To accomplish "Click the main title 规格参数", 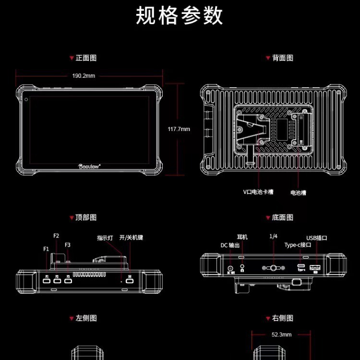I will point(180,16).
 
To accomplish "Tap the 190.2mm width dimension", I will point(84,76).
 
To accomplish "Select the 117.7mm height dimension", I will point(179,129).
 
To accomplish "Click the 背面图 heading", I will point(282,58).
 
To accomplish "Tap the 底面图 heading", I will point(282,217).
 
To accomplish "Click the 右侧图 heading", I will point(282,318).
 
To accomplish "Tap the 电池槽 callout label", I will point(298,192).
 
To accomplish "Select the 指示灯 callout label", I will point(105,238).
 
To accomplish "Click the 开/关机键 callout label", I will point(131,238).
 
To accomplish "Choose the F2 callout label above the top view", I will point(56,236).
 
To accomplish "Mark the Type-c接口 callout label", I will point(298,245).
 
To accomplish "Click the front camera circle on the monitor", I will point(26,99).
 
